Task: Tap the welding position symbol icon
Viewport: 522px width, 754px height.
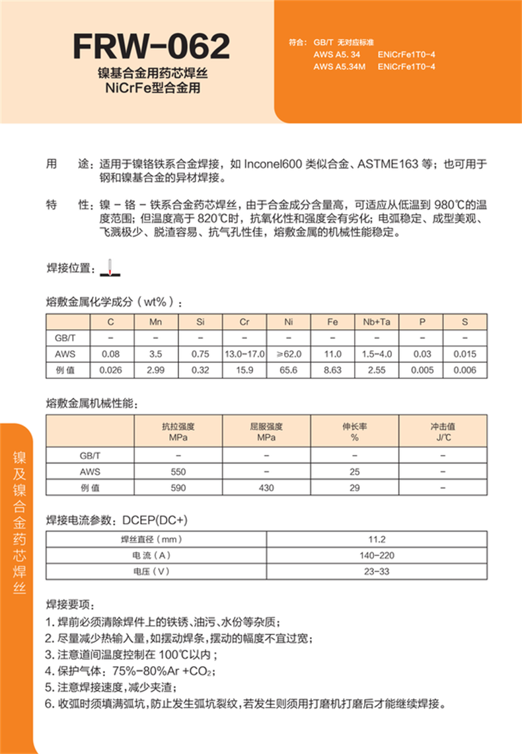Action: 112,267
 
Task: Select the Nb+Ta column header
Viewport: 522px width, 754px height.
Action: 377,322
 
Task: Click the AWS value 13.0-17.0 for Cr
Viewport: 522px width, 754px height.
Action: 244,354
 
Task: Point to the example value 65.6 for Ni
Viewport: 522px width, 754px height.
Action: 289,370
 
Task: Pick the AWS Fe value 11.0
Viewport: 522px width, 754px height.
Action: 333,354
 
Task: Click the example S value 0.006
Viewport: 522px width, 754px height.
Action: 465,370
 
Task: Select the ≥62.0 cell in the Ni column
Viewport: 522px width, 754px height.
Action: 289,354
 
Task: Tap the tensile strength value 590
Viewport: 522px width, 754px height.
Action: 178,488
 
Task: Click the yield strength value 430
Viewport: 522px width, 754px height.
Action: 267,488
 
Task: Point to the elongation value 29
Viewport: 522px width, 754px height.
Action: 355,488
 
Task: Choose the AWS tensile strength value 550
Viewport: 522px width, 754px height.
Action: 178,472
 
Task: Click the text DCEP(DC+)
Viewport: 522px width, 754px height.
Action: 156,519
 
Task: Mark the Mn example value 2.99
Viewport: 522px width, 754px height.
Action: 156,370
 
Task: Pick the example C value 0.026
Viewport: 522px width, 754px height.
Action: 112,370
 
